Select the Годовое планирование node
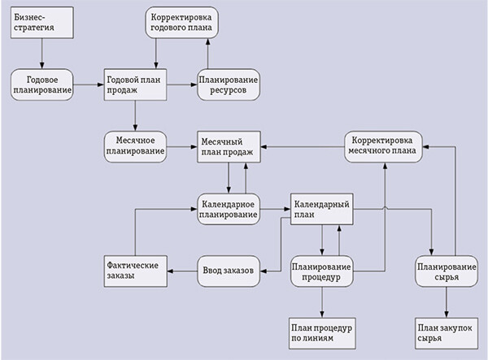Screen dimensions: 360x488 click(x=42, y=85)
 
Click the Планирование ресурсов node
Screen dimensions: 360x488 click(x=229, y=85)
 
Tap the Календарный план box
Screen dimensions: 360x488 click(x=321, y=209)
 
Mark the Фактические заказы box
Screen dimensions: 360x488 click(x=136, y=271)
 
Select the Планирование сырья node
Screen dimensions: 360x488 click(x=445, y=271)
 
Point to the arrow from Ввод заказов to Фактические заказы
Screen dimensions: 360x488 click(x=182, y=271)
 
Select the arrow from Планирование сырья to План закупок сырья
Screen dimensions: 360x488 click(x=445, y=301)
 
